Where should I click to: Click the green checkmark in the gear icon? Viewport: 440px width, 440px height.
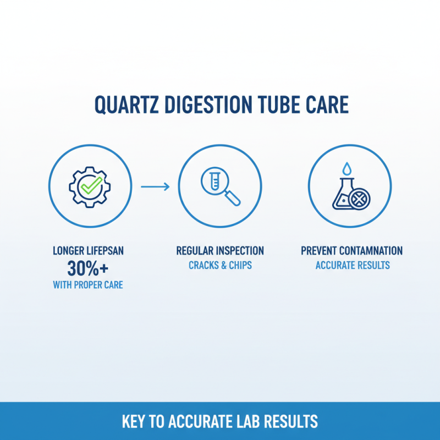[90, 186]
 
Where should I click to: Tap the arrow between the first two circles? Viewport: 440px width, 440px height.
[155, 187]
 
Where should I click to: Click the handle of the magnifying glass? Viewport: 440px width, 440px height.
[234, 198]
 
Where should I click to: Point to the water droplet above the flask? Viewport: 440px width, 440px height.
[346, 168]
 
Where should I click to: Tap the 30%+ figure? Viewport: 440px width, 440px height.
[89, 268]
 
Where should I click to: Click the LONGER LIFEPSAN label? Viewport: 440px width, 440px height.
[89, 251]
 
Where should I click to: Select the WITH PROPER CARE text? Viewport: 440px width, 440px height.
[89, 285]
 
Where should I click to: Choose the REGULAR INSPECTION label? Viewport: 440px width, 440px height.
[220, 251]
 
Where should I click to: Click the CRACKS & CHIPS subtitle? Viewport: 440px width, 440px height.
[220, 265]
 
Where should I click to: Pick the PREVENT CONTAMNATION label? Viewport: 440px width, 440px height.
[352, 251]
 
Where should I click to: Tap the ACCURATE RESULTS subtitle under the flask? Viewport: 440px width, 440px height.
[352, 265]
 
